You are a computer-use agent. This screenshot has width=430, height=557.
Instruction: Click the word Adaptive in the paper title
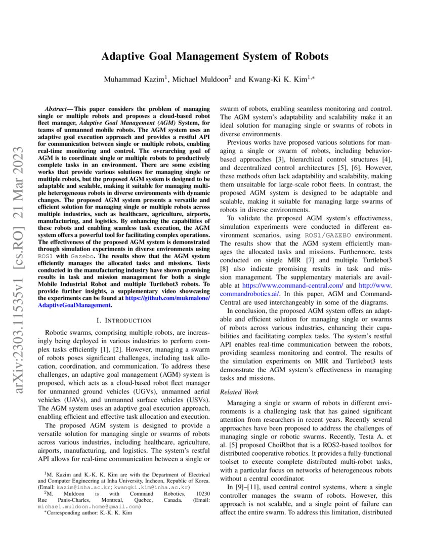pos(125,56)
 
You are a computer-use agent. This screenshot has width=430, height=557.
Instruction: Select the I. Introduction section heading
pos(124,321)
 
